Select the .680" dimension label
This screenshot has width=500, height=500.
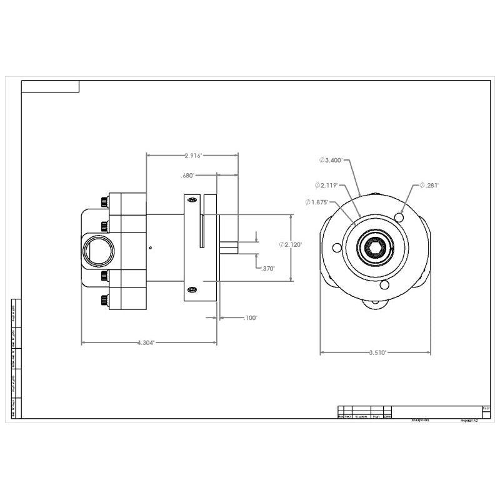[187, 176]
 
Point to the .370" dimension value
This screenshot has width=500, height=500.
[266, 268]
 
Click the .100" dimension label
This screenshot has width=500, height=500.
[250, 318]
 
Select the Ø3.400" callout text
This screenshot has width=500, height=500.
[330, 161]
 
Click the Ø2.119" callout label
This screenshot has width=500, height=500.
[326, 186]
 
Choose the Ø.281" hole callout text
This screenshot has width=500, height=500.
[429, 185]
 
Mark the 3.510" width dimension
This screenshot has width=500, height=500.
[376, 352]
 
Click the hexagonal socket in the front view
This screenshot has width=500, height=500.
[375, 249]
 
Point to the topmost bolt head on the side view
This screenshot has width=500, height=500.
[103, 202]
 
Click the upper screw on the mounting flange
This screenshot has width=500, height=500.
[192, 200]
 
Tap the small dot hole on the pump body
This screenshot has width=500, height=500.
[150, 247]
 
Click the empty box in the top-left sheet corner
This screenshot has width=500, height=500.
[50, 86]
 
